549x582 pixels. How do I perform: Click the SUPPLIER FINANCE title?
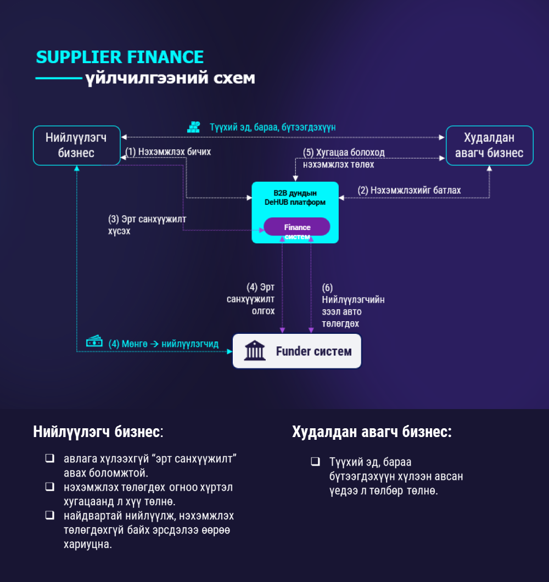[120, 57]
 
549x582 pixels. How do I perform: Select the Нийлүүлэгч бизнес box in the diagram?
[76, 145]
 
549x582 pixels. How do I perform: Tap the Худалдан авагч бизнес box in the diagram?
[489, 145]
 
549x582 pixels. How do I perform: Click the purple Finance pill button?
[297, 227]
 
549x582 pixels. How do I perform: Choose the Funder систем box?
[296, 351]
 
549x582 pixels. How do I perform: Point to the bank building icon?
[255, 351]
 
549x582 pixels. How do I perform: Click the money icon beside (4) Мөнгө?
[94, 341]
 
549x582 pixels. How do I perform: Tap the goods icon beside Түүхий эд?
[194, 127]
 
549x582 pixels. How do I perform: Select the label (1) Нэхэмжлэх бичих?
[168, 152]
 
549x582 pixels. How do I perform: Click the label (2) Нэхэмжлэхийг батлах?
[409, 191]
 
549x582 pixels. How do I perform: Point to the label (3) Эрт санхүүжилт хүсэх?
[147, 225]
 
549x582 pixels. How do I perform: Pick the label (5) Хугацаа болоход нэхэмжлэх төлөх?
[344, 159]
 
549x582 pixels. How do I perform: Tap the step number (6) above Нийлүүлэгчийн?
[327, 288]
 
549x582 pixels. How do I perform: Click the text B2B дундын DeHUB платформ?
[295, 198]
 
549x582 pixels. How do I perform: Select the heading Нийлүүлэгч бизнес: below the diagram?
[98, 432]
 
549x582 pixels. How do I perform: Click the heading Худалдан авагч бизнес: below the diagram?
[372, 432]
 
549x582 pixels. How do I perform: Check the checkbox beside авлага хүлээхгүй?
[50, 458]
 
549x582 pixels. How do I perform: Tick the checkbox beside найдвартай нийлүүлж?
[50, 515]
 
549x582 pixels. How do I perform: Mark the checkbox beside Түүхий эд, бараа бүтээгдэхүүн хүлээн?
[315, 461]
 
